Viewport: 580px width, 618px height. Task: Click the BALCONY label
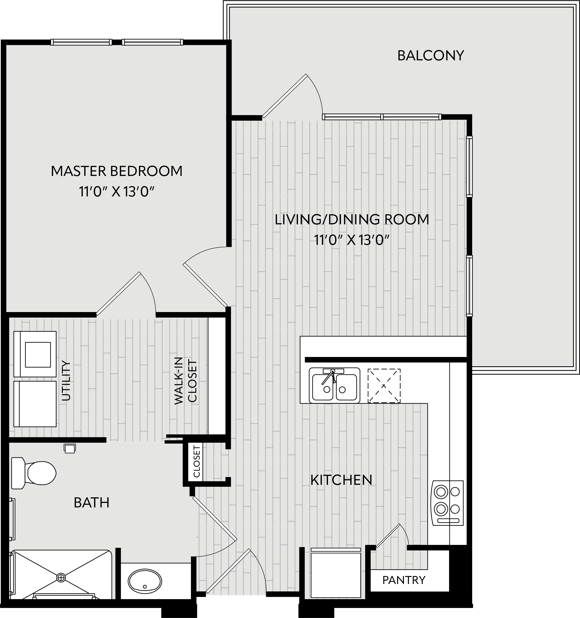pyautogui.click(x=430, y=56)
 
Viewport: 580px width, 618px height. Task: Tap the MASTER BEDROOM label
pyautogui.click(x=117, y=171)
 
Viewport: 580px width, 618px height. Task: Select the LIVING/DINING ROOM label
pyautogui.click(x=352, y=220)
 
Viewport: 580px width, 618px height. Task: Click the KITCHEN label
pyautogui.click(x=342, y=480)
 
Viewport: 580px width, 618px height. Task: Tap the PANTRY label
pyautogui.click(x=404, y=580)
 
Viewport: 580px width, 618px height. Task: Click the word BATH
pyautogui.click(x=92, y=503)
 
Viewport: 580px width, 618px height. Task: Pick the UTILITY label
pyautogui.click(x=66, y=380)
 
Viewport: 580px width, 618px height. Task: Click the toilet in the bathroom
pyautogui.click(x=33, y=473)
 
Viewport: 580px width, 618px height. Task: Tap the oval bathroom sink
pyautogui.click(x=145, y=581)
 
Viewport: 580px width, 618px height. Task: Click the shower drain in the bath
pyautogui.click(x=61, y=577)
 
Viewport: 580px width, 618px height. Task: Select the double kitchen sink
pyautogui.click(x=334, y=385)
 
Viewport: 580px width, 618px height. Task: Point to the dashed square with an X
pyautogui.click(x=384, y=386)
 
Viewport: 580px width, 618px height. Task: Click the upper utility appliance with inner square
pyautogui.click(x=35, y=354)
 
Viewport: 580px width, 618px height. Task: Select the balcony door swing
pyautogui.click(x=292, y=96)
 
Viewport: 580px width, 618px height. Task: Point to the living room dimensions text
pyautogui.click(x=352, y=240)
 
